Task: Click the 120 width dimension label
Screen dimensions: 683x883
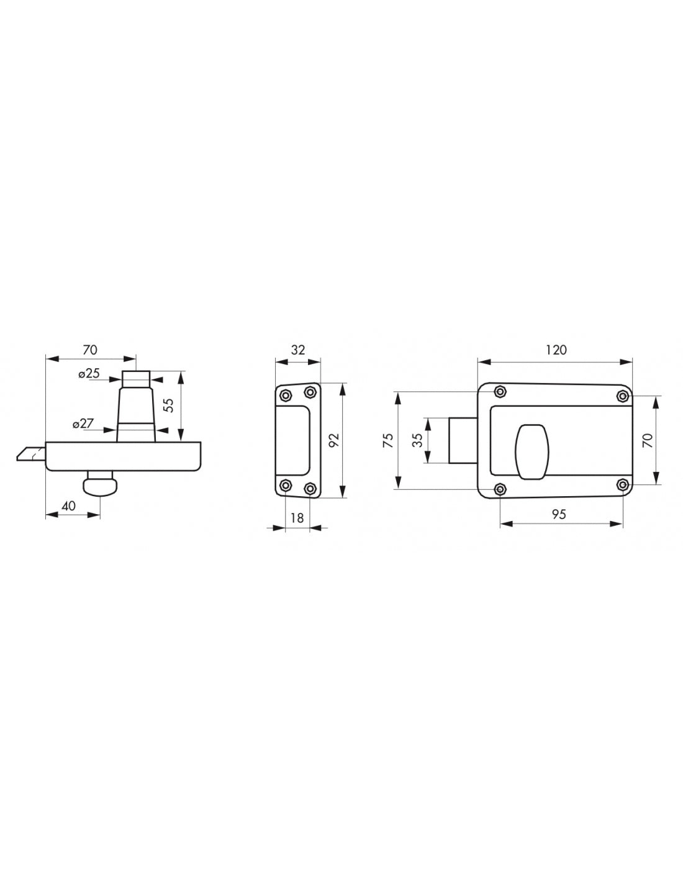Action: click(556, 350)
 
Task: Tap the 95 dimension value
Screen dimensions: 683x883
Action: click(559, 514)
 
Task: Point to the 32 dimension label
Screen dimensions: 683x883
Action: click(298, 350)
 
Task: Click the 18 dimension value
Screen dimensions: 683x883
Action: click(297, 518)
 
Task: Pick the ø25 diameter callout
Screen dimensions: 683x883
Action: click(89, 373)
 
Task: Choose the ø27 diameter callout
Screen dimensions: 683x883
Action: click(83, 424)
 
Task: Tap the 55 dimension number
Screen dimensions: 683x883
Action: click(170, 405)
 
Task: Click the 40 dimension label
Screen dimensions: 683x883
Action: click(69, 506)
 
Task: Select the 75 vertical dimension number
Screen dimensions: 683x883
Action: click(389, 440)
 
